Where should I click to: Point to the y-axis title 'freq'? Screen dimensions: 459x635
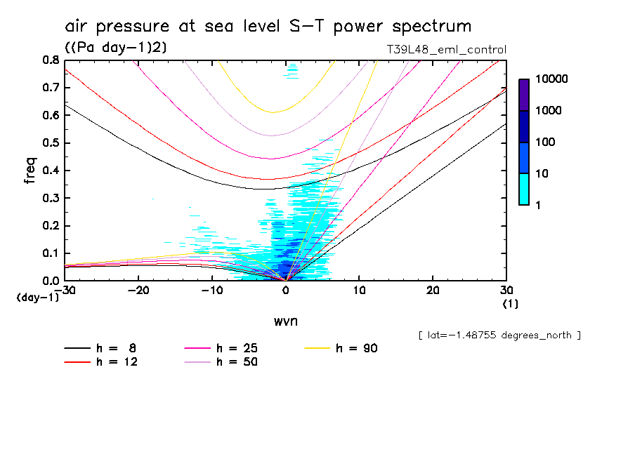click(30, 170)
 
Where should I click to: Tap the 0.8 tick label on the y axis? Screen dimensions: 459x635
click(51, 60)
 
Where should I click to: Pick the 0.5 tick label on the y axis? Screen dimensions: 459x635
click(51, 143)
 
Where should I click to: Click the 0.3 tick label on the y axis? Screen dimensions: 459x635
click(51, 198)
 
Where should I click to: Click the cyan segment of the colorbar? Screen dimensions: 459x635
click(524, 189)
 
